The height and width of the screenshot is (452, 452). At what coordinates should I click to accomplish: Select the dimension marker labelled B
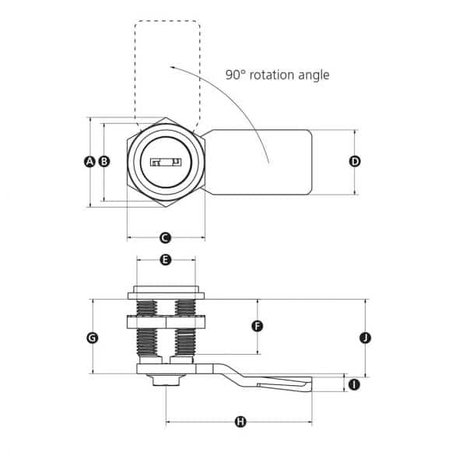tap(103, 162)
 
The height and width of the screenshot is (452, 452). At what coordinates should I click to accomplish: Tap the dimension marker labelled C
tap(165, 238)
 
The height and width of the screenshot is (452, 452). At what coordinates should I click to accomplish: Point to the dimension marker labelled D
tap(355, 162)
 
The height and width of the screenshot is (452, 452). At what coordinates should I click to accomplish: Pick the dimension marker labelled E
tap(165, 259)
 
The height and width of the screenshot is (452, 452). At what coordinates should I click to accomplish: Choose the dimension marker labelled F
tap(258, 326)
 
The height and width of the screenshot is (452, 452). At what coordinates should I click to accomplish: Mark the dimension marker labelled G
tap(92, 338)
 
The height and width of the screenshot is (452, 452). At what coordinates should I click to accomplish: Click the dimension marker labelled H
tap(240, 422)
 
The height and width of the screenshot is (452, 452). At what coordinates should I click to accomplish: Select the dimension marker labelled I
tap(355, 384)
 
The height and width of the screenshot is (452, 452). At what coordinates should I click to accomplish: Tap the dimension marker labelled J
tap(365, 338)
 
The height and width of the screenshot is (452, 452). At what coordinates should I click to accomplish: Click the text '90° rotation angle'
tap(277, 75)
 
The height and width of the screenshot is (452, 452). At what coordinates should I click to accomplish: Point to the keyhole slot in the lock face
tap(164, 163)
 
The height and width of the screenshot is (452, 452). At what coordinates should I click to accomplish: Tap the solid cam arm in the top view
tap(261, 162)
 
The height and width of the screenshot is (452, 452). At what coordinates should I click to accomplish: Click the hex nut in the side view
tap(165, 321)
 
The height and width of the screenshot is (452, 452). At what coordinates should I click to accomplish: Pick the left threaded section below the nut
tap(146, 342)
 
